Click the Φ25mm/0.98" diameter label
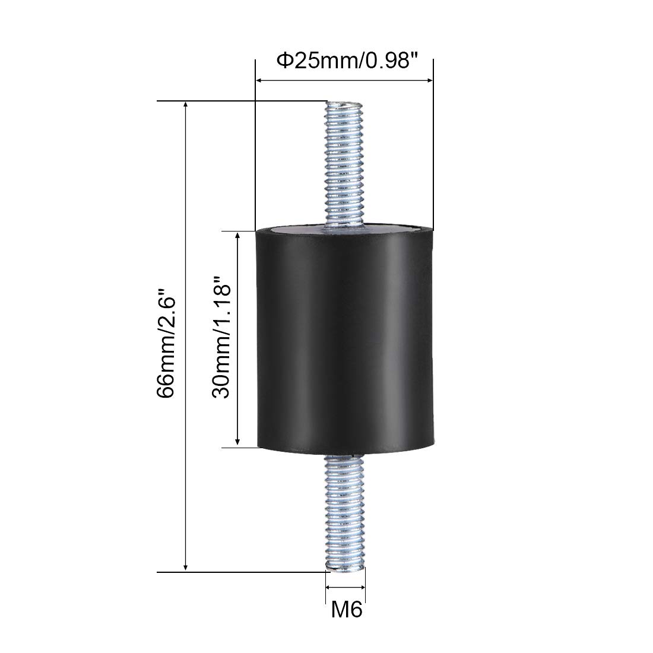(347, 61)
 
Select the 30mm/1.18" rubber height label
(221, 337)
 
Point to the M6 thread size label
(347, 610)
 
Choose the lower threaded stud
(345, 513)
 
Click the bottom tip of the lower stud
(345, 570)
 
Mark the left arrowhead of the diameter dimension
(258, 80)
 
